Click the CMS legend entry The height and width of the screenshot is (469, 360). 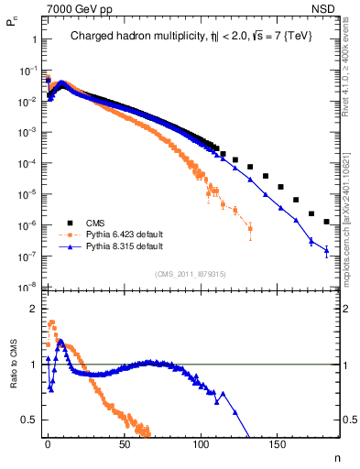point(96,223)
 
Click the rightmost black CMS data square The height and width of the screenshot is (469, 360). point(326,222)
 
